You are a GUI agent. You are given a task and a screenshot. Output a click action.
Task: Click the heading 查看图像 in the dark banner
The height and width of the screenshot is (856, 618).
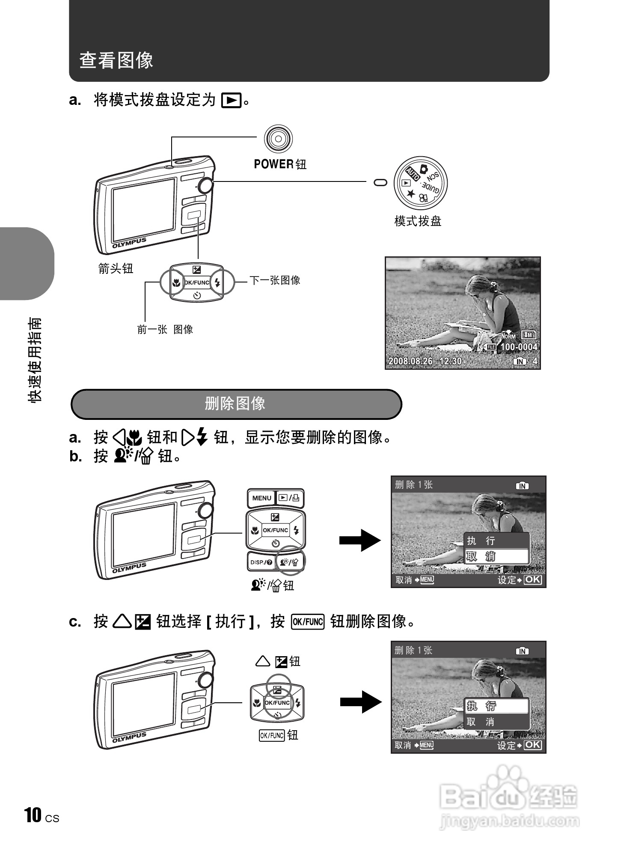tap(116, 60)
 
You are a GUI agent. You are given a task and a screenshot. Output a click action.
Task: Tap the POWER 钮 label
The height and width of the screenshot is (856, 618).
tap(280, 164)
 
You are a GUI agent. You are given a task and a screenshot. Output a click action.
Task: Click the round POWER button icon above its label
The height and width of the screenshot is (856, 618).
tap(278, 138)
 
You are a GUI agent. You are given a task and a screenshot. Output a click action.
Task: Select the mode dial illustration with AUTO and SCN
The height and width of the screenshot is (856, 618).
tap(421, 183)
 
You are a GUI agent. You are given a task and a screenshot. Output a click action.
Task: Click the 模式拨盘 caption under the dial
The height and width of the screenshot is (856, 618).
tap(417, 221)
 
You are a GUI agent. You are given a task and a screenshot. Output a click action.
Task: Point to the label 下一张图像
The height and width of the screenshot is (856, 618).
tap(275, 281)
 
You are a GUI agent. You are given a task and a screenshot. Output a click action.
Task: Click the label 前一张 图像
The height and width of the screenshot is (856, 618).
tap(165, 330)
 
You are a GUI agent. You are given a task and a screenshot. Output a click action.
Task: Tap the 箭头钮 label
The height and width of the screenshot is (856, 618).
tap(116, 269)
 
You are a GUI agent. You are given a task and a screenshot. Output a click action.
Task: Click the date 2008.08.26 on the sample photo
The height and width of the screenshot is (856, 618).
tap(410, 361)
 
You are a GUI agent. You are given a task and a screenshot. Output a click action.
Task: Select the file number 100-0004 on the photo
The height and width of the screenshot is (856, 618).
tap(518, 347)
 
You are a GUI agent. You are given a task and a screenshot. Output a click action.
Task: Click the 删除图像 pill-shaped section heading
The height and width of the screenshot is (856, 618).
tap(236, 404)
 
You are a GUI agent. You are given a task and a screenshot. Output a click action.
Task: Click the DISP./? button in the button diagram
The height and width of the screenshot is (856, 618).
tap(261, 562)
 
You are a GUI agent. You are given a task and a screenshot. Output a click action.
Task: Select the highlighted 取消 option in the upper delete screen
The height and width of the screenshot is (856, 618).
tap(496, 556)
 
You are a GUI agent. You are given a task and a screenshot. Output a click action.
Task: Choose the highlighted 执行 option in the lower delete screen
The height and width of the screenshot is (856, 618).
tap(496, 706)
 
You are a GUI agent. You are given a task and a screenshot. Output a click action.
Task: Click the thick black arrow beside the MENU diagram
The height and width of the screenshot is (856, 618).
tap(360, 540)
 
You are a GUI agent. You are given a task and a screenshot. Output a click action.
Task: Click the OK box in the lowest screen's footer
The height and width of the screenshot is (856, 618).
tap(533, 745)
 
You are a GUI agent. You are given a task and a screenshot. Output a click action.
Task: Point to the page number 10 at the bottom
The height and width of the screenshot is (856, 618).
tap(33, 815)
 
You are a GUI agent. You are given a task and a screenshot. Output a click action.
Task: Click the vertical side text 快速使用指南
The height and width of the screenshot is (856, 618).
tap(35, 360)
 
